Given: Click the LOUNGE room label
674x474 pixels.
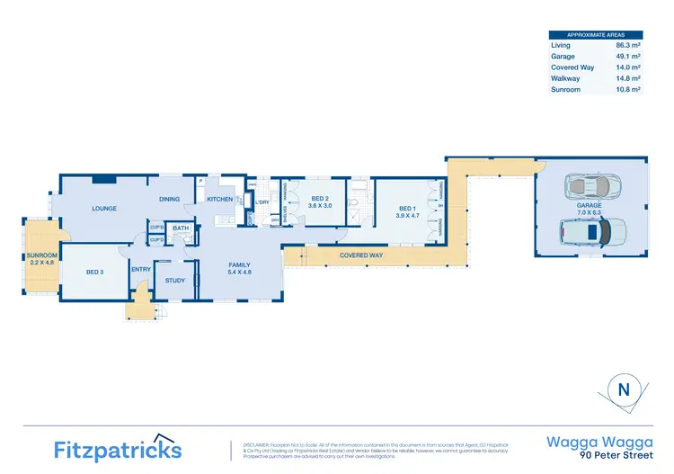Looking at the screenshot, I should coord(105,208).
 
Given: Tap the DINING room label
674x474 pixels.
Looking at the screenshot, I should coord(169,199).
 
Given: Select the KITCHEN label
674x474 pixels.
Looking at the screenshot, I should coord(220,199).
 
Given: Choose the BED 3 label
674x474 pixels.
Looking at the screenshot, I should coord(96,271).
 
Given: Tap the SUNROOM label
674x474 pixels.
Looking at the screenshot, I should coord(42,255).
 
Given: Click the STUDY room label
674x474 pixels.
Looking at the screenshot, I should coord(175,280).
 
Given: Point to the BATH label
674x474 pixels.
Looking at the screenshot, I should coord(181,228).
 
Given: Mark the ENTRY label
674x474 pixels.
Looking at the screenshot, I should coord(141,268).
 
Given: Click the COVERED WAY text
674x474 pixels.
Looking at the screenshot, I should coord(361,255).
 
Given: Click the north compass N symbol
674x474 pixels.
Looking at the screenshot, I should coord(623,390).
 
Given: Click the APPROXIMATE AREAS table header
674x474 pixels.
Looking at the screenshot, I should coord(598,33).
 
